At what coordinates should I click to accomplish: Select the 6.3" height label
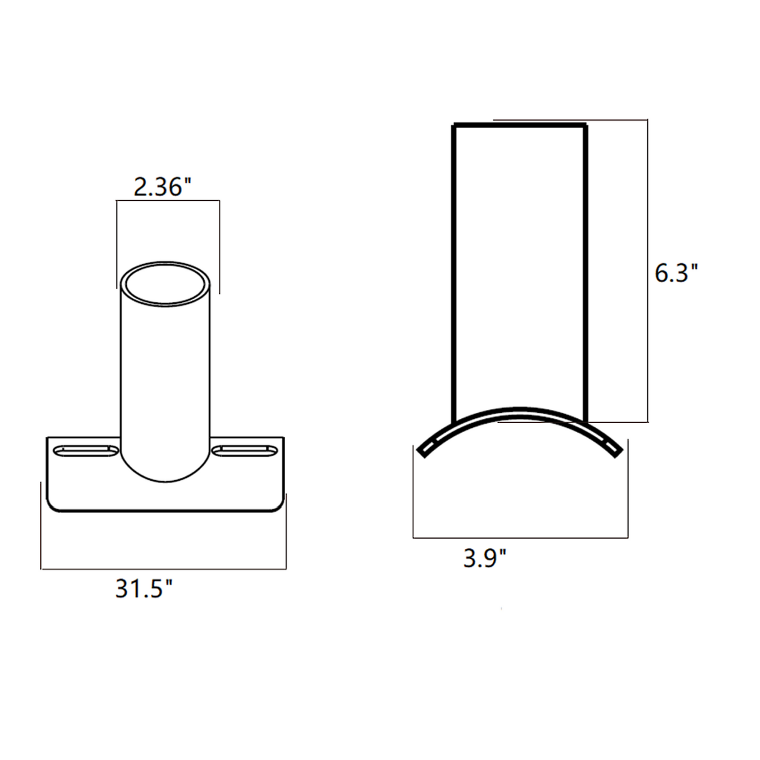[x=676, y=274]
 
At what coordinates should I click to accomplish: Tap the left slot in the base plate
[x=83, y=451]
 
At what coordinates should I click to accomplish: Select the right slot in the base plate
[x=245, y=451]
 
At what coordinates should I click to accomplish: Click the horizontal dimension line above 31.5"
[x=163, y=569]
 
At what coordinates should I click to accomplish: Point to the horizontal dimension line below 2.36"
[x=168, y=201]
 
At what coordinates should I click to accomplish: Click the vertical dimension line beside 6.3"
[x=648, y=271]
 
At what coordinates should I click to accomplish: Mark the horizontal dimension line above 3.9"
[x=520, y=538]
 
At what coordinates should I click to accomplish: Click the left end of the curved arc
[x=424, y=450]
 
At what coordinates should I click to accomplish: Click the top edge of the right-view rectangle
[x=520, y=125]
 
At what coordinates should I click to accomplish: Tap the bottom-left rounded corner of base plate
[x=51, y=506]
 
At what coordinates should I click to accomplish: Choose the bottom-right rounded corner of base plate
[x=280, y=506]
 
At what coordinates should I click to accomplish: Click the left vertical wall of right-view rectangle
[x=454, y=271]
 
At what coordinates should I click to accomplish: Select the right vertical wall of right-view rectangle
[x=585, y=271]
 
